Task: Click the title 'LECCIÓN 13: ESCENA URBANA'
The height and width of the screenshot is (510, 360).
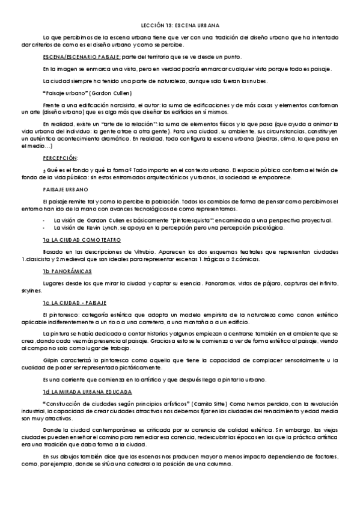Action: [180, 26]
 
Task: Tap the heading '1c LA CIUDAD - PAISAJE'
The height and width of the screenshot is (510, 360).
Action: [75, 303]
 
